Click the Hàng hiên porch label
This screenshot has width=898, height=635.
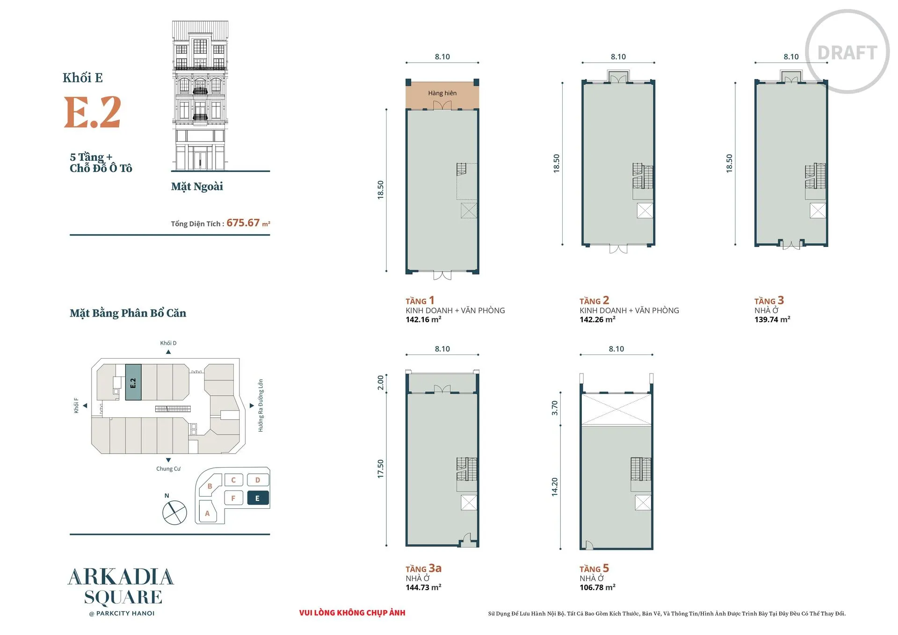click(442, 93)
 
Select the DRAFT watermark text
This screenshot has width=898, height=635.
click(847, 53)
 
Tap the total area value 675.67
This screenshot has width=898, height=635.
click(243, 223)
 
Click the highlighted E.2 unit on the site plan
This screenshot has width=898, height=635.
click(133, 382)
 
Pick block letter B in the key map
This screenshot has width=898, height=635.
click(210, 486)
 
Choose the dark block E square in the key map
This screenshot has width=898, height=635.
click(258, 498)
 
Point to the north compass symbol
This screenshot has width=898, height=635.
click(174, 512)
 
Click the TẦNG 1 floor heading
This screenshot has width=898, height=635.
click(420, 300)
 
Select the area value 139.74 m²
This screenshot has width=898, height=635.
click(772, 319)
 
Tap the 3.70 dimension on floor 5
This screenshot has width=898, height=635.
click(555, 408)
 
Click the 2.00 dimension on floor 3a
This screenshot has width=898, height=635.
click(381, 382)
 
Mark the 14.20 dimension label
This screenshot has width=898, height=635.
click(555, 487)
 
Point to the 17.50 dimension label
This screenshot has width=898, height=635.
click(381, 469)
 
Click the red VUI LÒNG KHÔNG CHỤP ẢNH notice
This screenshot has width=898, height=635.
click(352, 613)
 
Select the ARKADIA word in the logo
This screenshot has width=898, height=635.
click(121, 577)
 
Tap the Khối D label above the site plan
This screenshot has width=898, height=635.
click(168, 343)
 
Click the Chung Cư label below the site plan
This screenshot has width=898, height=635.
click(168, 469)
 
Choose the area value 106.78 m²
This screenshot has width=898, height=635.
click(597, 587)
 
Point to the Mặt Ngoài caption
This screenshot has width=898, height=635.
click(197, 187)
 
